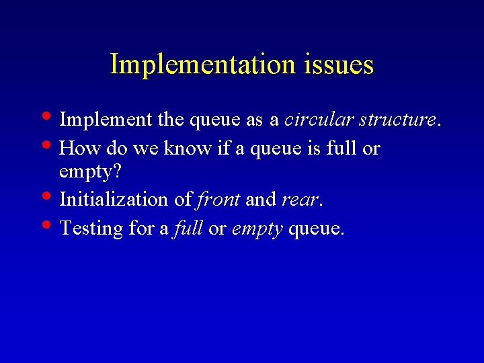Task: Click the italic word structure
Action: point(397,120)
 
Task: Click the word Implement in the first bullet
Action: point(106,120)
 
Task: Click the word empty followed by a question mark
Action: point(85,173)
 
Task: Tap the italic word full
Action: point(188,228)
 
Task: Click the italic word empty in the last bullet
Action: point(257,229)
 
